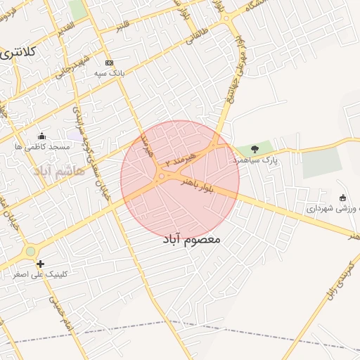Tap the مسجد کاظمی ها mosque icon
coord(41,136)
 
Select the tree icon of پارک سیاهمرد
coord(255,149)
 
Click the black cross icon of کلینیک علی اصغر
coord(41,264)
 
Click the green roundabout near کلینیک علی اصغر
coord(30,251)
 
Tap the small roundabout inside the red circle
coord(162,176)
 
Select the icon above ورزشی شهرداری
coord(342,198)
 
